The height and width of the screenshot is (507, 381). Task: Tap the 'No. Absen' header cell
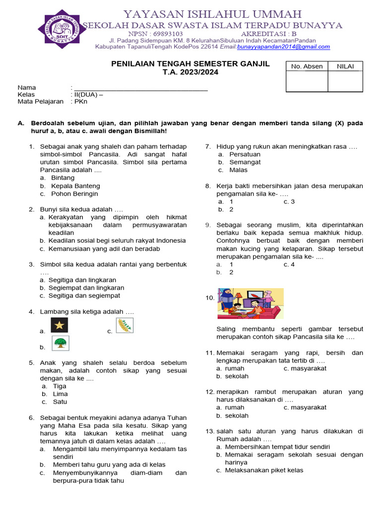307,66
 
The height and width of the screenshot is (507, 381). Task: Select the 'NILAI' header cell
345,66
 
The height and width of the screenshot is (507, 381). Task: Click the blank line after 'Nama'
140,88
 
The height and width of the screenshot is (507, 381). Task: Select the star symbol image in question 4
60,325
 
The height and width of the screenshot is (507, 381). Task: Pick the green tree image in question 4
61,343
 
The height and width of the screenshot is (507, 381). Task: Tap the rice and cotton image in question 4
125,325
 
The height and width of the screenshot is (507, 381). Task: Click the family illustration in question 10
251,304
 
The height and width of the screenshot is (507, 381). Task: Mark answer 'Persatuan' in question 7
245,154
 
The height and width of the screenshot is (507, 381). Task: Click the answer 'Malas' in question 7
238,170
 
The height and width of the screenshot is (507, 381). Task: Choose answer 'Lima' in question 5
60,394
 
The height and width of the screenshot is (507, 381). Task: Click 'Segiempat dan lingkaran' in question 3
86,288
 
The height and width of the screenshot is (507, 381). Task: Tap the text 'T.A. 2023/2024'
190,72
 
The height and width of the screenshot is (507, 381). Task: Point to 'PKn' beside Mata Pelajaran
81,101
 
